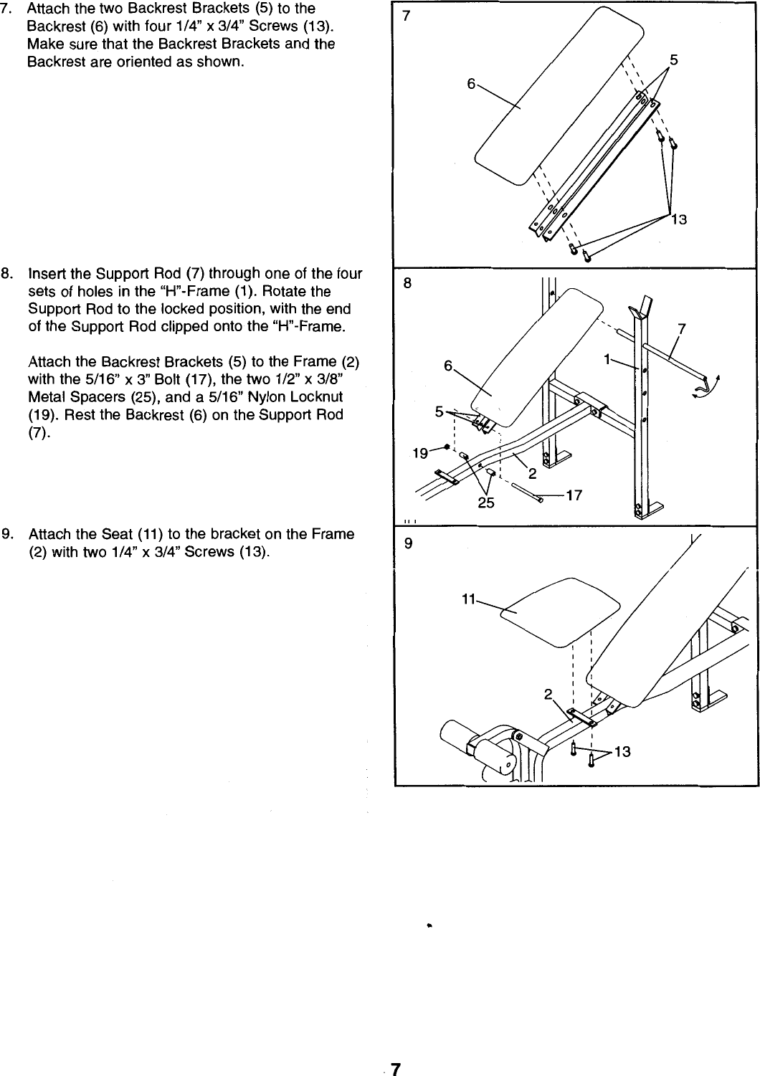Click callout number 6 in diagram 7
pyautogui.click(x=471, y=84)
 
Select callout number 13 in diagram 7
pyautogui.click(x=678, y=219)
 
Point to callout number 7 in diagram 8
pyautogui.click(x=682, y=330)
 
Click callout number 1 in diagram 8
pyautogui.click(x=607, y=360)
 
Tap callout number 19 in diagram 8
pyautogui.click(x=421, y=453)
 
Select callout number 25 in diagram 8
pyautogui.click(x=486, y=503)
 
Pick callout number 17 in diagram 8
pyautogui.click(x=574, y=495)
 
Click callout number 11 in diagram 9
pyautogui.click(x=469, y=600)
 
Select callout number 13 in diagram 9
pyautogui.click(x=622, y=751)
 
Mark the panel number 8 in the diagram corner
pyautogui.click(x=407, y=282)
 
